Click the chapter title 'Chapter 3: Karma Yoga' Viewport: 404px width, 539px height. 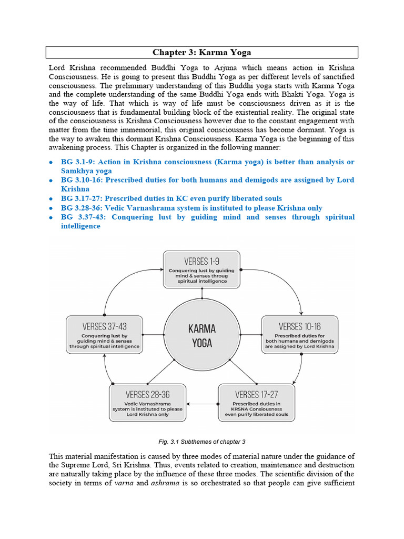point(201,52)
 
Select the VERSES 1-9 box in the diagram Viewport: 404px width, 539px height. point(201,269)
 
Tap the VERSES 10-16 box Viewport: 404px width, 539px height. point(299,335)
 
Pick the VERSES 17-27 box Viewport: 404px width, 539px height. point(257,403)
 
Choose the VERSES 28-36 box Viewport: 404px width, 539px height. point(147,403)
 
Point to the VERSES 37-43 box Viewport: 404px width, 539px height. point(104,335)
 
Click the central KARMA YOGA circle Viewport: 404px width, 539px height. point(201,335)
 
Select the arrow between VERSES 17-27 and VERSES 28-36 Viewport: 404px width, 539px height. point(202,404)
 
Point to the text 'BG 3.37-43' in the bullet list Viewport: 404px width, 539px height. point(82,217)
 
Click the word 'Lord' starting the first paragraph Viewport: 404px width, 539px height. point(58,68)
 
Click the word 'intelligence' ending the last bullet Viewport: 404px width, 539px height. point(80,226)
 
